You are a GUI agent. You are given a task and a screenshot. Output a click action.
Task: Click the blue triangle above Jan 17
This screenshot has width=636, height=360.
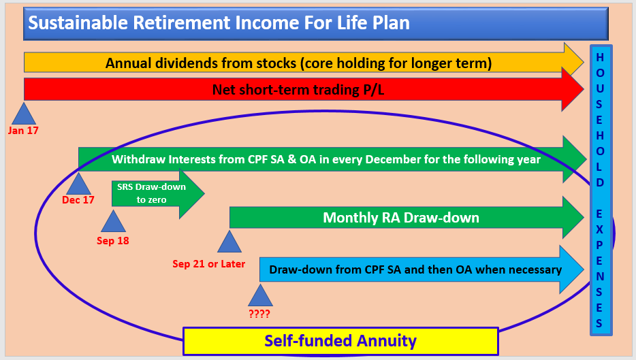coord(24,114)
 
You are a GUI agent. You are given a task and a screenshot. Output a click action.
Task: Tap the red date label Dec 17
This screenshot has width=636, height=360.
coord(78,200)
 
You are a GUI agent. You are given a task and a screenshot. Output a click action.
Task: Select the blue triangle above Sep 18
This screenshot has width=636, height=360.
coord(113,221)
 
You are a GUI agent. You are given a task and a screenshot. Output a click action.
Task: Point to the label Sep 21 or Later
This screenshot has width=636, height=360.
coord(208,264)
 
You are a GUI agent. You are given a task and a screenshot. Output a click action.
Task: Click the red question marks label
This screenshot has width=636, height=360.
coord(259,314)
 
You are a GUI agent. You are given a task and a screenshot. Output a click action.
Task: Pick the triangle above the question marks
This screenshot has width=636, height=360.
coord(260,295)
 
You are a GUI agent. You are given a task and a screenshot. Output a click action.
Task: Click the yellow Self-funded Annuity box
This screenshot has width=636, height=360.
coord(340,341)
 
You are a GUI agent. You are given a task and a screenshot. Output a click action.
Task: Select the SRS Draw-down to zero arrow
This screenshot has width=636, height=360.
coord(158,193)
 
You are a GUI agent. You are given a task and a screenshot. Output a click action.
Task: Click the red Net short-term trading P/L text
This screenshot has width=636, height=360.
coord(298,90)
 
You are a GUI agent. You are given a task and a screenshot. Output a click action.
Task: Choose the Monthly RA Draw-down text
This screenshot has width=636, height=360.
coord(401,218)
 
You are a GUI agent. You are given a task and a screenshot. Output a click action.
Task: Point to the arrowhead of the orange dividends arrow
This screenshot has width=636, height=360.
coord(573,63)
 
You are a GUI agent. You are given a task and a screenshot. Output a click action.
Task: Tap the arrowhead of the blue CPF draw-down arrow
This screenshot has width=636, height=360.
coord(571,269)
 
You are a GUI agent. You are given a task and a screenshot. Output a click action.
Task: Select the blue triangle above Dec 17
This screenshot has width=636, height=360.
coord(78,184)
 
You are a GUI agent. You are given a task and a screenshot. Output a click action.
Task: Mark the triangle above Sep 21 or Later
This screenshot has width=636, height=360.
coord(229,242)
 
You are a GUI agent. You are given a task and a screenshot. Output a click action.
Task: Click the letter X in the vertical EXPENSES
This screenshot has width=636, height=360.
coord(599,229)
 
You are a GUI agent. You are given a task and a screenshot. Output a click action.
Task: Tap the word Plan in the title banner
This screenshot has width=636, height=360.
coord(391,22)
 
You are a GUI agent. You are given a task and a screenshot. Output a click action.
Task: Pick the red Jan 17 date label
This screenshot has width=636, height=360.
coord(23,131)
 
